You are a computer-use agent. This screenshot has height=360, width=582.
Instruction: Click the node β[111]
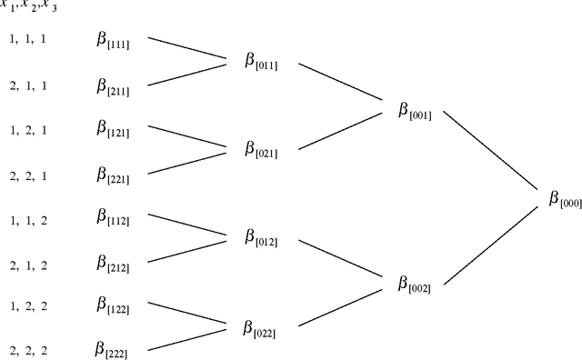[113, 41]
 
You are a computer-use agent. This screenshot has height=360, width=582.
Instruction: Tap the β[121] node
[113, 129]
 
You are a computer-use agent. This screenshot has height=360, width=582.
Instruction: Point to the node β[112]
[113, 217]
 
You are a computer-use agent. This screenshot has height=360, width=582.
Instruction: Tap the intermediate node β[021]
[260, 150]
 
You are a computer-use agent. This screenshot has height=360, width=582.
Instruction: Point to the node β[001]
[414, 112]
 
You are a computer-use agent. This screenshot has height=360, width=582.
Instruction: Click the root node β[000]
[565, 199]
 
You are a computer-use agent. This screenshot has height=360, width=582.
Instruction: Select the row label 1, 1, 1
[26, 40]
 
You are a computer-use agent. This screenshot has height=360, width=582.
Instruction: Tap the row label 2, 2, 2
[26, 349]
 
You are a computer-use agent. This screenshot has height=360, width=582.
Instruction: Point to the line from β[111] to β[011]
[187, 49]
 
